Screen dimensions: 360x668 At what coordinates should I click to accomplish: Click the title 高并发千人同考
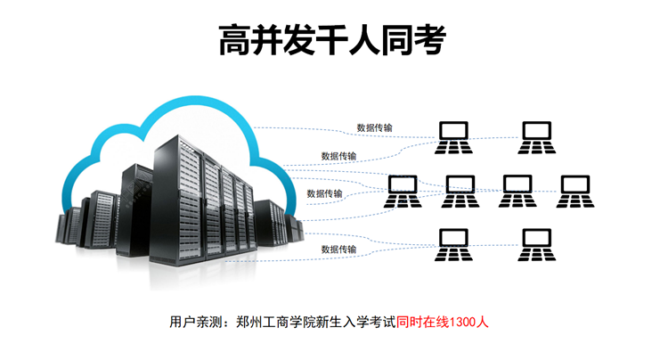pos(332,40)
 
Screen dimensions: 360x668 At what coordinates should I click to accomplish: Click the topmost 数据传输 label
pos(374,127)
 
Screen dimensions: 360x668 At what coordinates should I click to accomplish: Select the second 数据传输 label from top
pos(338,156)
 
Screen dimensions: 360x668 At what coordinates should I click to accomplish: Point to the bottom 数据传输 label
pos(338,250)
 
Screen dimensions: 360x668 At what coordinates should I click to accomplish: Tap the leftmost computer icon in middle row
pos(403,192)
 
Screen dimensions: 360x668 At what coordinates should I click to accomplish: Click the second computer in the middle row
pos(460,192)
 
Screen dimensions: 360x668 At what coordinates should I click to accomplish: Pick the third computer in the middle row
pos(517,192)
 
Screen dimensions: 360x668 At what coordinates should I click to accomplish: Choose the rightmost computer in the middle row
pos(574,192)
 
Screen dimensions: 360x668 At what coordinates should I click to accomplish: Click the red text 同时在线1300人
pos(443,323)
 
